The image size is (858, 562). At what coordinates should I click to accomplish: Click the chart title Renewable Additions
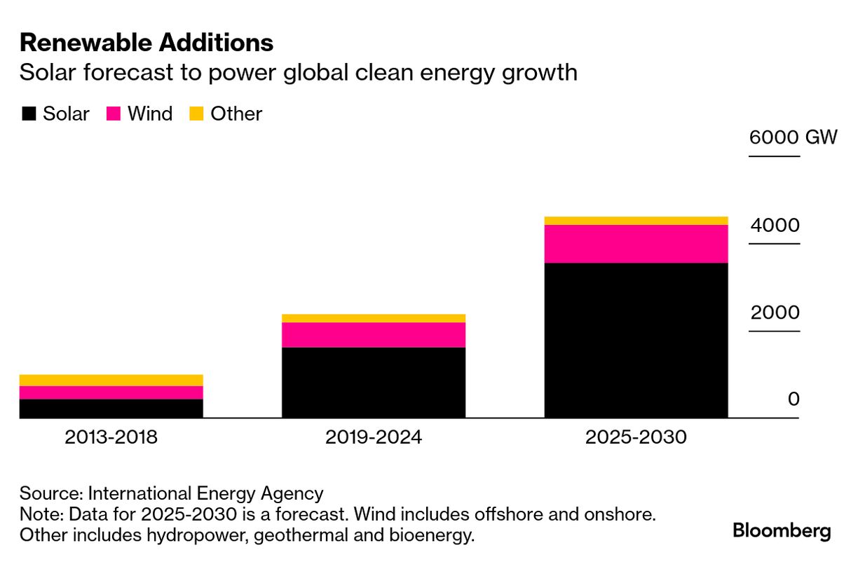click(146, 43)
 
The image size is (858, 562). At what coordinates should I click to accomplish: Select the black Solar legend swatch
click(29, 114)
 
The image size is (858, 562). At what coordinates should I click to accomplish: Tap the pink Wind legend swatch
click(113, 114)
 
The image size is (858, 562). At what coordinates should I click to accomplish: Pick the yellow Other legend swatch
click(197, 114)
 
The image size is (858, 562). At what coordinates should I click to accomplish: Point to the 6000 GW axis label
click(793, 137)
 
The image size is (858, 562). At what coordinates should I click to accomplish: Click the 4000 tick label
click(775, 226)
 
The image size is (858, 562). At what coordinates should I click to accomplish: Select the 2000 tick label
click(775, 313)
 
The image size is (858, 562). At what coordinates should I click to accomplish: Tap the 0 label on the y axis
click(794, 399)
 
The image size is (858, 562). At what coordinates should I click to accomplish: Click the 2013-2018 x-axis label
click(111, 437)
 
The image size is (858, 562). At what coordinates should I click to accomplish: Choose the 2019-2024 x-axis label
click(374, 437)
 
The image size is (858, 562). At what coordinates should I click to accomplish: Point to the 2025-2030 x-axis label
click(636, 437)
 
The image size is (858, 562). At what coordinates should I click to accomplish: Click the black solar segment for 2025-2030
click(636, 340)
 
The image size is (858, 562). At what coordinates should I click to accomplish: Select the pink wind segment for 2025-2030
click(636, 244)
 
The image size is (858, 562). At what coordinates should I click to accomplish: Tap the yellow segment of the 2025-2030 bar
click(636, 221)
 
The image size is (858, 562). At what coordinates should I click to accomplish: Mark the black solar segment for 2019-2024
click(374, 382)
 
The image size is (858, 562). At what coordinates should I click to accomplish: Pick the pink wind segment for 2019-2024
click(374, 335)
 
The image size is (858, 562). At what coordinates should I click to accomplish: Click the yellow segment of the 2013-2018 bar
click(111, 380)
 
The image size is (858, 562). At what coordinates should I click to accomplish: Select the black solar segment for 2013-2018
click(111, 409)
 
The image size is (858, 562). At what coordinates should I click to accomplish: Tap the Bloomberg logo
click(782, 530)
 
